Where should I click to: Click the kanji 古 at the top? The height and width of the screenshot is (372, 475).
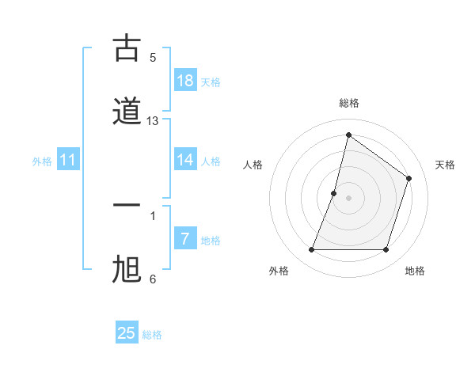(127, 48)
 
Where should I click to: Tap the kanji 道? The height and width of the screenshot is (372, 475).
(127, 110)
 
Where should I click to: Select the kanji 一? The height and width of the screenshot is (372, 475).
(127, 205)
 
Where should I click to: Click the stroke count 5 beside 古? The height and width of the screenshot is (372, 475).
(153, 58)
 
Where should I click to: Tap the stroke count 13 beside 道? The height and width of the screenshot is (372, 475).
(153, 121)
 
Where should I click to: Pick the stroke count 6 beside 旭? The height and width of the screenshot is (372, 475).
(153, 279)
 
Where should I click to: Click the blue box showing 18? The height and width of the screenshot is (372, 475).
(185, 81)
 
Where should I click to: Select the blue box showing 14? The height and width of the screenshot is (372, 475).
(185, 160)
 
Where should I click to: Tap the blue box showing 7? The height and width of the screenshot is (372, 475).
(185, 239)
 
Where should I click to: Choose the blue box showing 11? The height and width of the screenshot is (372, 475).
(68, 161)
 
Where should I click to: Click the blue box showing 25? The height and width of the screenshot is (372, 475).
(127, 333)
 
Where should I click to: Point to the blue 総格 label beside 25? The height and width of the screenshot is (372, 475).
(152, 335)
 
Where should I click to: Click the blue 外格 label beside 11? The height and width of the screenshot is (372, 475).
(42, 161)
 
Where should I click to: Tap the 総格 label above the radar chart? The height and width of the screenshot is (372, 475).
(348, 104)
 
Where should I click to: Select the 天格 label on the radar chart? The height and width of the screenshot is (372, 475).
(446, 165)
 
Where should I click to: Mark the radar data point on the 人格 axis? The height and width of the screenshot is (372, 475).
(334, 193)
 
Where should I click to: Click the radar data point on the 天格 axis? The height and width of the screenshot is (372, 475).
(408, 178)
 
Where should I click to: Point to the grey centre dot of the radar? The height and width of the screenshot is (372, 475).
(348, 198)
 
